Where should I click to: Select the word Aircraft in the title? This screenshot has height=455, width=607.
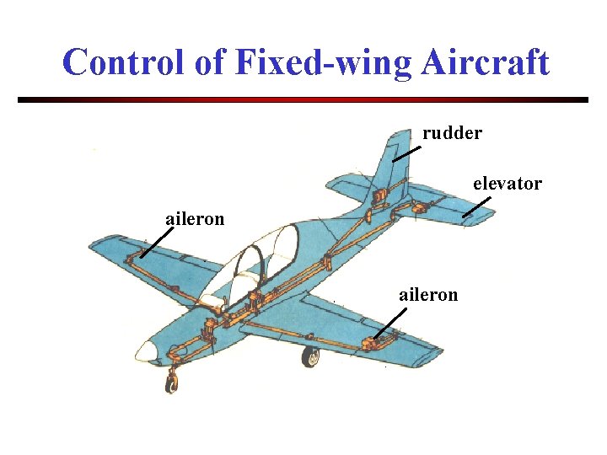tap(484, 62)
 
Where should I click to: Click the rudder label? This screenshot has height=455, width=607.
tap(452, 133)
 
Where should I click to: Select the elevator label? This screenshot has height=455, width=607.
tap(507, 183)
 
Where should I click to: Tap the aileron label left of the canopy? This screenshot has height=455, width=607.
tap(195, 219)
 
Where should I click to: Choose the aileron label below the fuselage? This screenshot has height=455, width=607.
tap(428, 294)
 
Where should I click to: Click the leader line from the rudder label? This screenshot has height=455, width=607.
tap(407, 153)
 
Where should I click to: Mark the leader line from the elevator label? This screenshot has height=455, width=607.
tap(477, 207)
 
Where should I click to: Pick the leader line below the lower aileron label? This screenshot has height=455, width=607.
tap(390, 323)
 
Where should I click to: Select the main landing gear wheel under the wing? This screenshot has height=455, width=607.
tap(311, 356)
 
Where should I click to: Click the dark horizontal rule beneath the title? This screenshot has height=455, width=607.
tap(303, 99)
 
